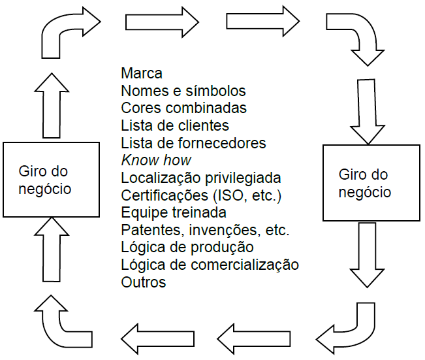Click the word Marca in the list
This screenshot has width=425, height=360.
click(142, 73)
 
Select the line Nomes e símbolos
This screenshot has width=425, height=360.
click(183, 90)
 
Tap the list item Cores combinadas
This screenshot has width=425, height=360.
click(184, 107)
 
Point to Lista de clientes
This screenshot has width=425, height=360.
click(175, 125)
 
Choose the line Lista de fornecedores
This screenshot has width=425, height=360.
click(193, 142)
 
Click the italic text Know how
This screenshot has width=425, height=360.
click(156, 160)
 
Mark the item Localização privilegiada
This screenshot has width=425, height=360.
click(201, 178)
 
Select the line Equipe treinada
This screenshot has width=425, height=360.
click(174, 212)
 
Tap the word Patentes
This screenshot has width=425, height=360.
click(147, 230)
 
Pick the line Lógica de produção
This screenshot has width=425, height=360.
click(187, 248)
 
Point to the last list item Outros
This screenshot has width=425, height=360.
click(144, 282)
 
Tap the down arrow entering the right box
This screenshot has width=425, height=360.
click(366, 110)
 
